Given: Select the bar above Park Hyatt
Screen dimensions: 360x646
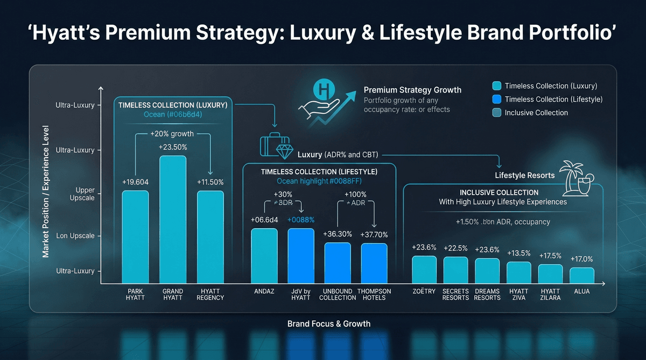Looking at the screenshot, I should coord(135,237).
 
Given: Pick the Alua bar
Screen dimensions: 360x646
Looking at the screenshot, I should coord(582,275).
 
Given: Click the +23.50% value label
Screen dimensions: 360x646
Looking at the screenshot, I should coord(173,147).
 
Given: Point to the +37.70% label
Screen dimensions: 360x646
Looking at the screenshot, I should coord(373,235).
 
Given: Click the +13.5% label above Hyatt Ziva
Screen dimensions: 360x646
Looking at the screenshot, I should coord(519,253).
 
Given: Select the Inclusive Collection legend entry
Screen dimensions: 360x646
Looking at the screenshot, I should coord(536,112).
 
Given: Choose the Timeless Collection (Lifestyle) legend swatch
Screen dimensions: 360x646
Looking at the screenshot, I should coord(496,99).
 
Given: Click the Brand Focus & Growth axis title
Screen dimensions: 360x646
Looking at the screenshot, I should coord(329,323).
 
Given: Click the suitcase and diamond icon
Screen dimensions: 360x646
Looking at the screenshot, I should coord(276,145).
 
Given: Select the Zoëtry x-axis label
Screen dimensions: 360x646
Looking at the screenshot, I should coord(424,291).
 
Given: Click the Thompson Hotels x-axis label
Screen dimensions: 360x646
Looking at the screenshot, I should coord(374,294).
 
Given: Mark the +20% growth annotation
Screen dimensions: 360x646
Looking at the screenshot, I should coord(172,133).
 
